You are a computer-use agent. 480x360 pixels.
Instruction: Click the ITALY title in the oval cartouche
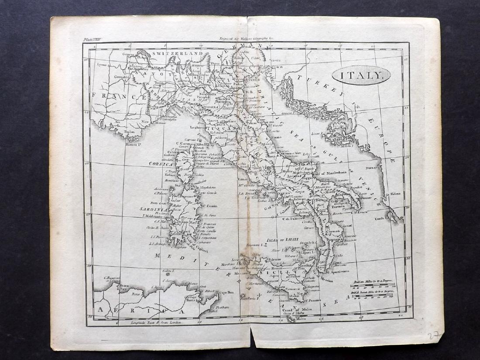click(361, 75)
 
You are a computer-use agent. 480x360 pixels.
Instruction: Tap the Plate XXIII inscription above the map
click(93, 39)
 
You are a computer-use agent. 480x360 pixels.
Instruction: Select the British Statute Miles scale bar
click(372, 296)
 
